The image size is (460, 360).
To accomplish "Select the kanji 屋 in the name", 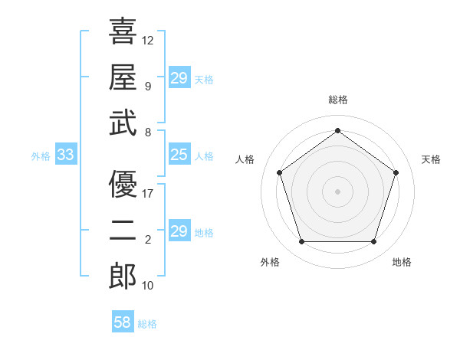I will (123, 77).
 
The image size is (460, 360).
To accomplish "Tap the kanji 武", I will (123, 123).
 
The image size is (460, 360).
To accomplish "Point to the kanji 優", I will (123, 184).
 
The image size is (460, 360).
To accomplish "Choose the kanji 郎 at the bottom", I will (123, 277).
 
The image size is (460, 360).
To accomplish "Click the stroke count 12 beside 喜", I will (148, 39).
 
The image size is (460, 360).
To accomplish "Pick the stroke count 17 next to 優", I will (148, 193).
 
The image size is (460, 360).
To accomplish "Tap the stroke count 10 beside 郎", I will (148, 286).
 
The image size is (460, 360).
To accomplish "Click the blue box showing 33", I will (65, 155).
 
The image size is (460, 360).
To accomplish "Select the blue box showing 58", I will (123, 322).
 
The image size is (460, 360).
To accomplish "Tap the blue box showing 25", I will (179, 155).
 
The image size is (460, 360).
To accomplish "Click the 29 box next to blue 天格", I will (179, 78).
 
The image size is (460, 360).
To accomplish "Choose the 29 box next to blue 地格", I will (179, 231).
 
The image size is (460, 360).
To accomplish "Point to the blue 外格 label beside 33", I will (41, 156).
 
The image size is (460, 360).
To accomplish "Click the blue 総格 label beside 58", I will (147, 324).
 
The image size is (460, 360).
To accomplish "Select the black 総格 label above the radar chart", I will (337, 100).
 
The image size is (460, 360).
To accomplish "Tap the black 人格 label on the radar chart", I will (245, 159).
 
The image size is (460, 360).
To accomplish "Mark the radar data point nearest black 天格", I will (396, 172).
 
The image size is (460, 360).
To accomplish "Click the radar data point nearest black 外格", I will (301, 242).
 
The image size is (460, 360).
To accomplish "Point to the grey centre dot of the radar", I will (337, 191).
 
